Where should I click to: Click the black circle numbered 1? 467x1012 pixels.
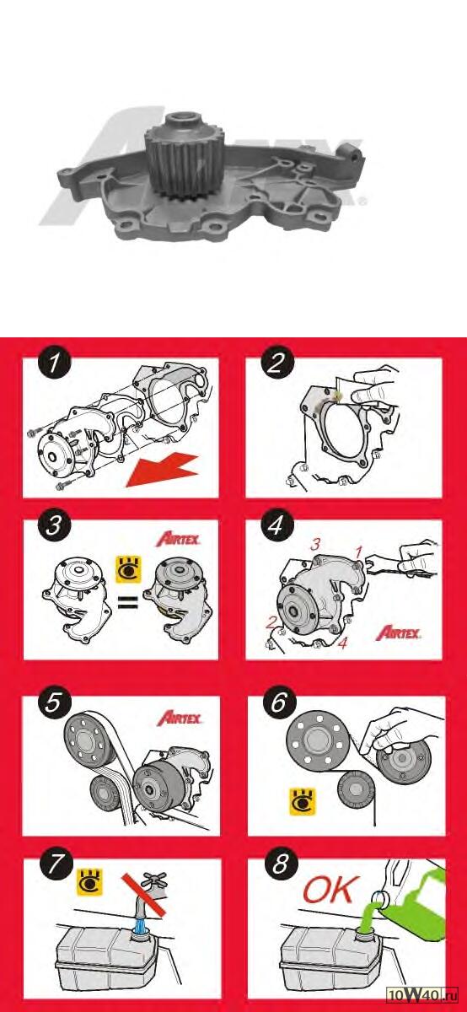[x=55, y=363]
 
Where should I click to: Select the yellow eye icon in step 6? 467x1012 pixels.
[x=303, y=802]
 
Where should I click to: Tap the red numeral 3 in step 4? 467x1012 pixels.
[x=315, y=545]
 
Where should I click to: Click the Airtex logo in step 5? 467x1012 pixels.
[x=180, y=718]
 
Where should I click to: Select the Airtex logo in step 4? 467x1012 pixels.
[x=399, y=632]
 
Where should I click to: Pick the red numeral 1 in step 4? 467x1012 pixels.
[x=358, y=552]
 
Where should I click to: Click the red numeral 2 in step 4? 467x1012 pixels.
[x=271, y=623]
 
